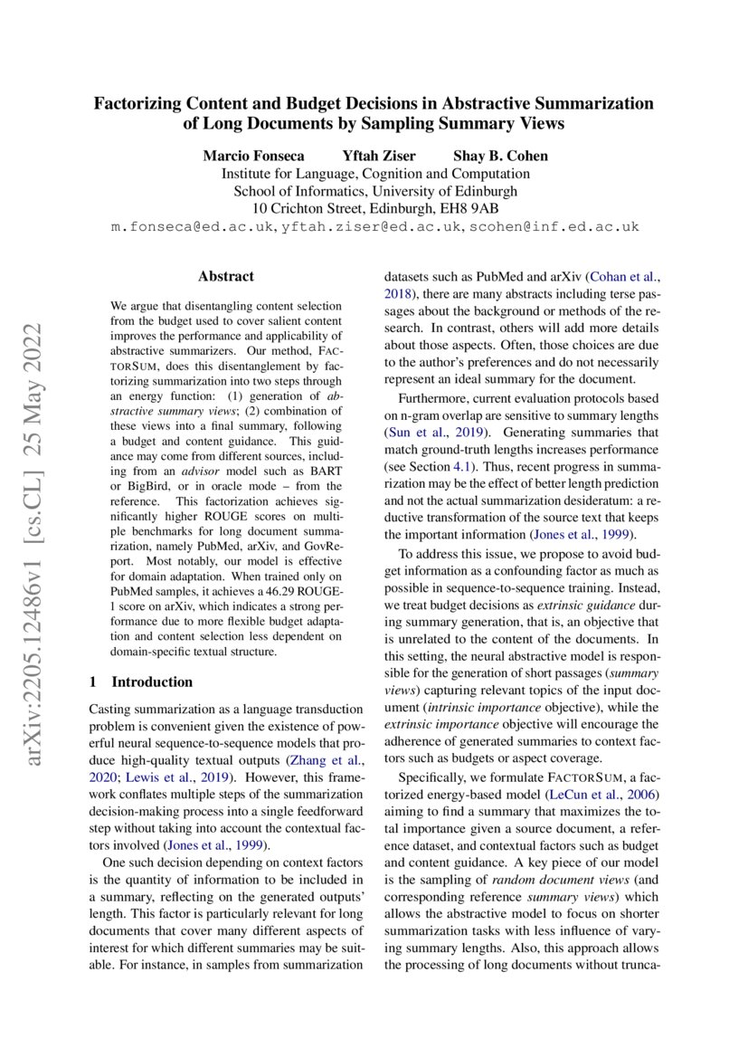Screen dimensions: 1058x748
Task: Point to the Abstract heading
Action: (225, 276)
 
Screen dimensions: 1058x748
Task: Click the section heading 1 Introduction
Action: (142, 682)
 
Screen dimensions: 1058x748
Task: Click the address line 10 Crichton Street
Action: (312, 208)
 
